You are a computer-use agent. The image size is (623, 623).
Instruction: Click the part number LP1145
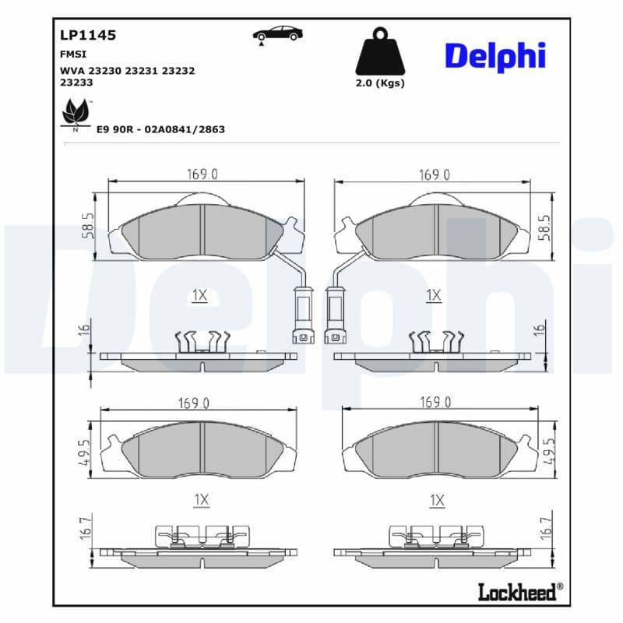point(87,35)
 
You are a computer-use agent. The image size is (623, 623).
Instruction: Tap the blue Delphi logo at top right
point(495,55)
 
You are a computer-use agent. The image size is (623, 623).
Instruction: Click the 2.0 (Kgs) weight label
point(380,83)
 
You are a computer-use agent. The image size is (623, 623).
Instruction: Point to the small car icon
point(277,33)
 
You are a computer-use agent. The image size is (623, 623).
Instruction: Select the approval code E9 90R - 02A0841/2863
point(160,129)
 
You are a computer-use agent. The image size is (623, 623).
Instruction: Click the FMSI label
point(73,55)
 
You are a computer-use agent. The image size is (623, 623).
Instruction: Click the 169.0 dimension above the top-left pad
point(202,174)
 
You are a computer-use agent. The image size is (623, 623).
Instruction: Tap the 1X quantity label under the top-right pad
point(434,295)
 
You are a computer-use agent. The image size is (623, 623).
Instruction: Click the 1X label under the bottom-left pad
point(202,500)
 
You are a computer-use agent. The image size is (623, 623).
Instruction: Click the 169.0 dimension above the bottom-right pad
point(436,403)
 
